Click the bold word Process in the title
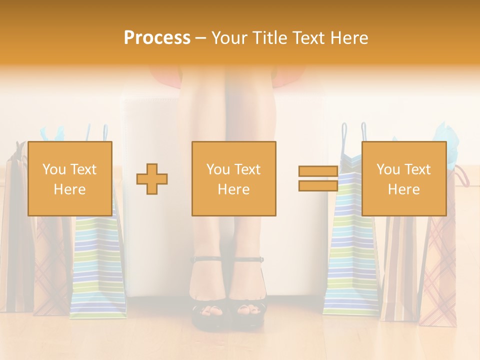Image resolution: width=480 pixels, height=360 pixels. pyautogui.click(x=157, y=38)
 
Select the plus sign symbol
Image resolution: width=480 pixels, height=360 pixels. pyautogui.click(x=152, y=178)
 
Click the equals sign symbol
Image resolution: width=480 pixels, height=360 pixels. pyautogui.click(x=318, y=178)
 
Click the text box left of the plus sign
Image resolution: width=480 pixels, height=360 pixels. pyautogui.click(x=70, y=178)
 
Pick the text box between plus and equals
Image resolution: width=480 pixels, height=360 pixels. pyautogui.click(x=233, y=178)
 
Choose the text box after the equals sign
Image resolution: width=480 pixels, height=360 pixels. pyautogui.click(x=403, y=178)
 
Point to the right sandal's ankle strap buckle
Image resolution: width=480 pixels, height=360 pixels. pyautogui.click(x=260, y=259)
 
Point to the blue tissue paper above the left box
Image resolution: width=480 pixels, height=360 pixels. pyautogui.click(x=52, y=134)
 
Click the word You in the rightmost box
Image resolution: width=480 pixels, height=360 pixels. pyautogui.click(x=388, y=169)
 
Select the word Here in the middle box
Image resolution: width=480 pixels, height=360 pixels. pyautogui.click(x=233, y=189)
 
